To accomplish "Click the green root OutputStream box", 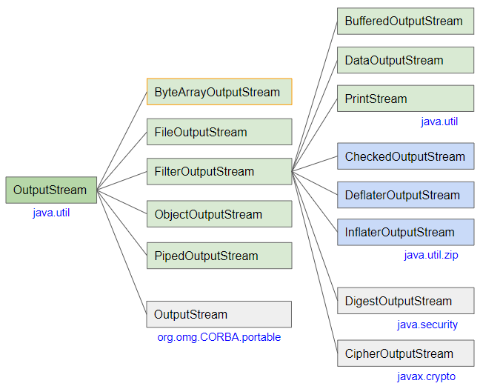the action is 51,190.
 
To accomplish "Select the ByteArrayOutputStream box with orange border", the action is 219,92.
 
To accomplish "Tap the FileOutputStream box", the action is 219,132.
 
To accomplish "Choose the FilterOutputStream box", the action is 219,171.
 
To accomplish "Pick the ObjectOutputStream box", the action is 219,214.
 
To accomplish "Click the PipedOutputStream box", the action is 219,256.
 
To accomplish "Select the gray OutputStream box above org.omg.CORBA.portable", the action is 219,314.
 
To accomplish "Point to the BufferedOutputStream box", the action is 406,21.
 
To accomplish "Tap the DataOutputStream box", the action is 406,60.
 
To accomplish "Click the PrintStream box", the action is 406,99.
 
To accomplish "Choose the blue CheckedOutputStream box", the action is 406,156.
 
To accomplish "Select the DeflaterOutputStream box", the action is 406,195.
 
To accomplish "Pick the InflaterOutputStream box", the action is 406,232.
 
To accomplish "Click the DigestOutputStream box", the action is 406,301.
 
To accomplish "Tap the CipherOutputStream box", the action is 406,353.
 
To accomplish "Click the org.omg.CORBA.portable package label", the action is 219,337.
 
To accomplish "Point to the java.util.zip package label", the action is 431,255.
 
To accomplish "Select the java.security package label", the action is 427,325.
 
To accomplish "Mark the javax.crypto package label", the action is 427,376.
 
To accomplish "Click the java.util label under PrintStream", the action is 439,122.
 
